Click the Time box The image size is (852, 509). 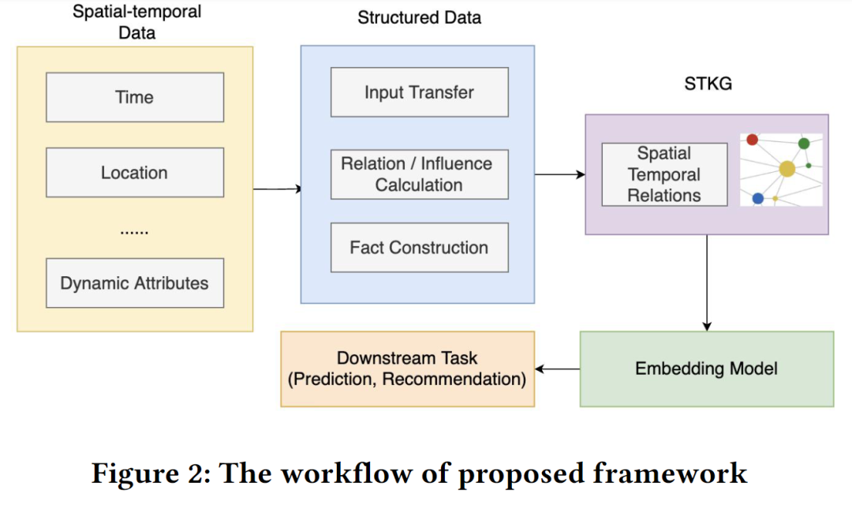tap(135, 97)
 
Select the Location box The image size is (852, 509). tap(135, 172)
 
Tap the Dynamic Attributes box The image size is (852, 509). tap(135, 283)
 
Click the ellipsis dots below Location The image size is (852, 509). tap(134, 233)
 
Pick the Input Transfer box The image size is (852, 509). tap(420, 92)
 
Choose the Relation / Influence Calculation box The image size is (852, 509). tap(420, 174)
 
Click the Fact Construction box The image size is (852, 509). tap(420, 248)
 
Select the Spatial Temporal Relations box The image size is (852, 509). tap(664, 174)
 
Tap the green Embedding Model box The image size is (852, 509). tap(707, 369)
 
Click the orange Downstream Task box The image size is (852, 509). tap(408, 369)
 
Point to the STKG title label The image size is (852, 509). tap(708, 84)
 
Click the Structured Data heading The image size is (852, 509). tap(420, 17)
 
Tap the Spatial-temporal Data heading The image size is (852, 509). tap(137, 22)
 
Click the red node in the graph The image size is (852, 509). tap(753, 140)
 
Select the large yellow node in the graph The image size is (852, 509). tap(787, 169)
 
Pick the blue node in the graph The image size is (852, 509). tap(758, 199)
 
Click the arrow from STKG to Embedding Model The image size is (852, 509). tap(707, 283)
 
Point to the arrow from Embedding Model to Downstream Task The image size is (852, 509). tap(558, 369)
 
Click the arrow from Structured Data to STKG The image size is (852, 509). tap(559, 174)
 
